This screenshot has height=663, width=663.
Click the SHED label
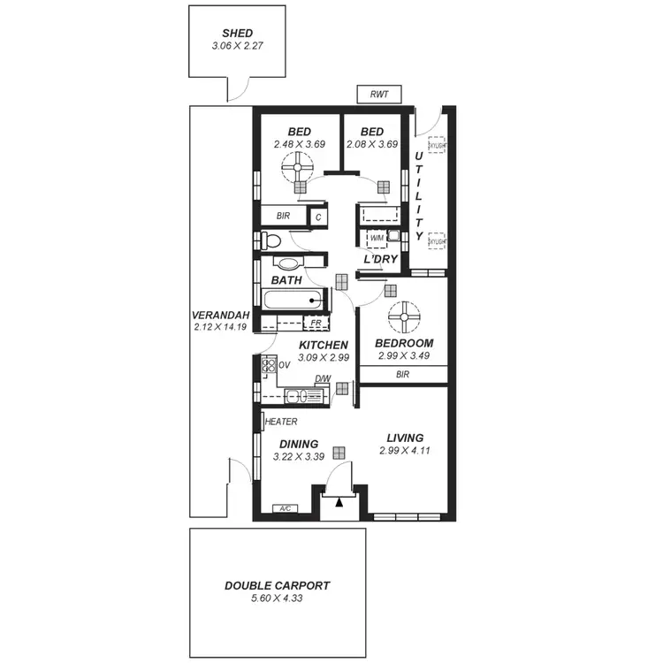tap(238, 33)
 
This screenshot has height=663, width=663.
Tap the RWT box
tap(379, 94)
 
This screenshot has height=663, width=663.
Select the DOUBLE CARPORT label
tap(277, 585)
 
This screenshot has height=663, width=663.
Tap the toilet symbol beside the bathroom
tap(271, 240)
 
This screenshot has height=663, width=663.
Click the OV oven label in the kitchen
tap(285, 364)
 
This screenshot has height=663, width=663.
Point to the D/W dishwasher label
tap(323, 379)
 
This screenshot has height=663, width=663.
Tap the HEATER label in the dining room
tap(281, 422)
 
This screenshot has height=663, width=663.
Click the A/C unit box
tap(285, 509)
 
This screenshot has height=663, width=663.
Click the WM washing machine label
tap(377, 237)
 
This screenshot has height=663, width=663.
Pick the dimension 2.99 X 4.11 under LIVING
tap(404, 451)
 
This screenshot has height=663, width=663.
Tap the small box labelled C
tap(317, 215)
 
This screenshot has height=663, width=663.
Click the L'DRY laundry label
tap(382, 260)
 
